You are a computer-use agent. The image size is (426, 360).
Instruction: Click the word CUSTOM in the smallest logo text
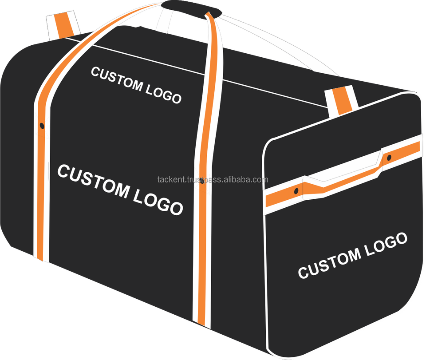[117, 79]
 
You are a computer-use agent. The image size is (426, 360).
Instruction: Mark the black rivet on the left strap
[42, 126]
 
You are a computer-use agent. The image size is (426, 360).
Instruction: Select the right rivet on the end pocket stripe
[389, 158]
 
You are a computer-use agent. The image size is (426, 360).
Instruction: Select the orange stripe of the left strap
[42, 178]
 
